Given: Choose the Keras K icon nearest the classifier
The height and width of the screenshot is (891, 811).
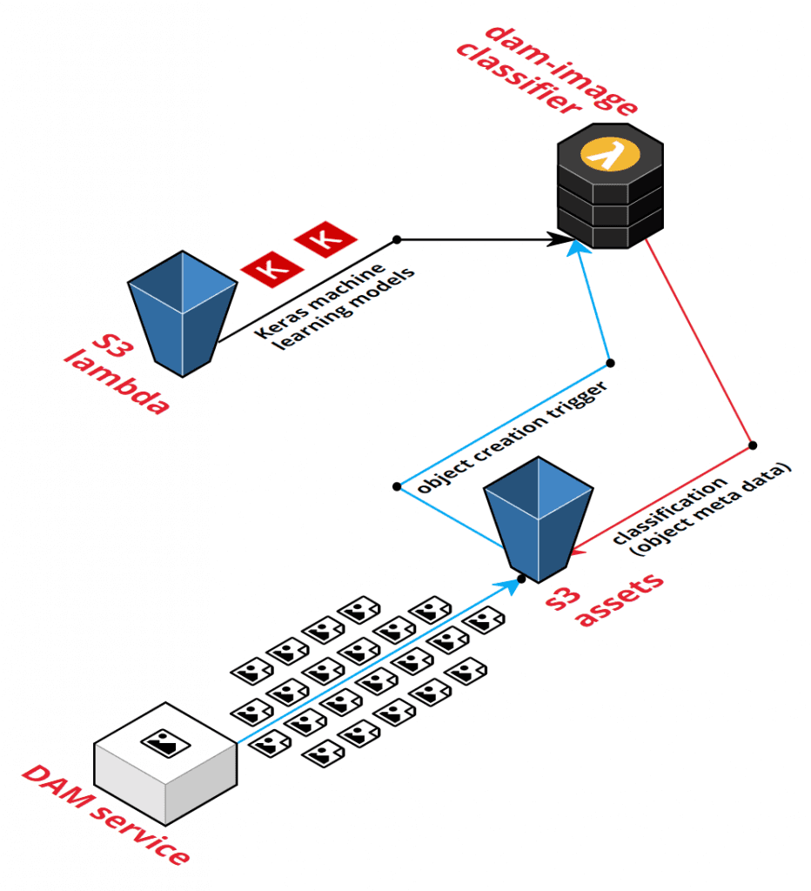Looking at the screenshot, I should pyautogui.click(x=325, y=238).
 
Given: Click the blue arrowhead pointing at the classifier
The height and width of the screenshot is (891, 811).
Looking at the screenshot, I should pyautogui.click(x=574, y=250).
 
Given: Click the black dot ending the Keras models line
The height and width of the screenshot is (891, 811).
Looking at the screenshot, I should pyautogui.click(x=397, y=239).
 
